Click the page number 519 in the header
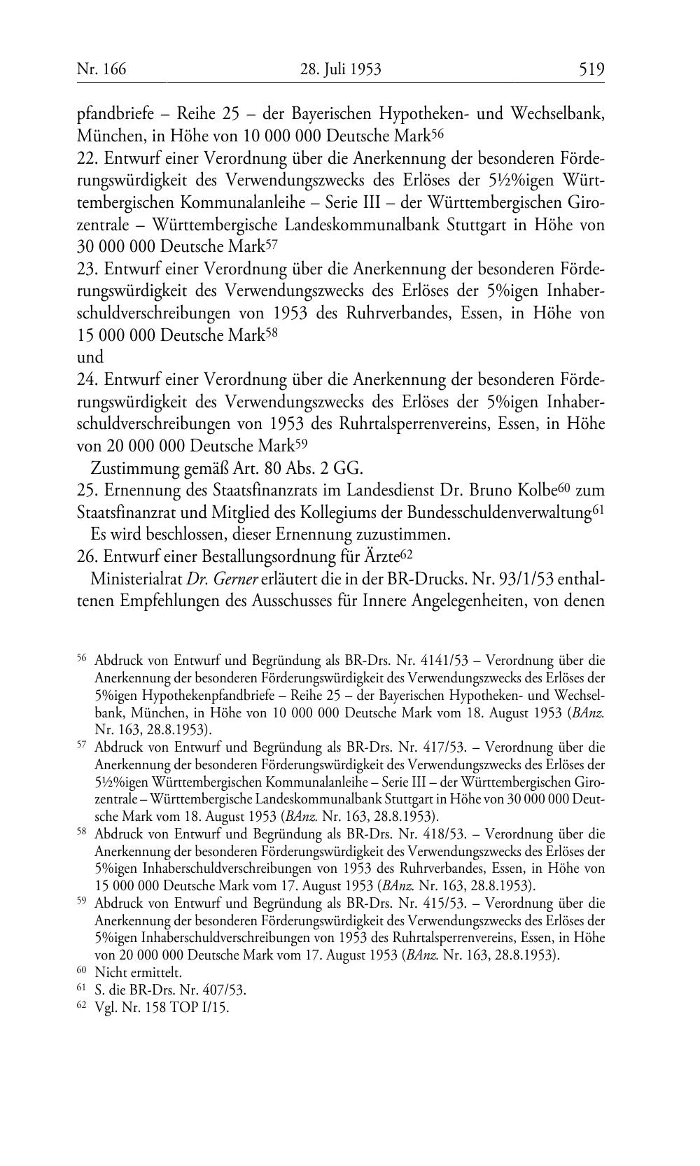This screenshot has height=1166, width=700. tap(591, 69)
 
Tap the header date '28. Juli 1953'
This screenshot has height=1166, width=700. tap(340, 69)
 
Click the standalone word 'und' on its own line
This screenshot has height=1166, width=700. tap(90, 358)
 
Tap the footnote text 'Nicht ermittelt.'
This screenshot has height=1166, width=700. tap(138, 972)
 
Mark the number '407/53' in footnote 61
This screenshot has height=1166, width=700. tap(226, 990)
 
